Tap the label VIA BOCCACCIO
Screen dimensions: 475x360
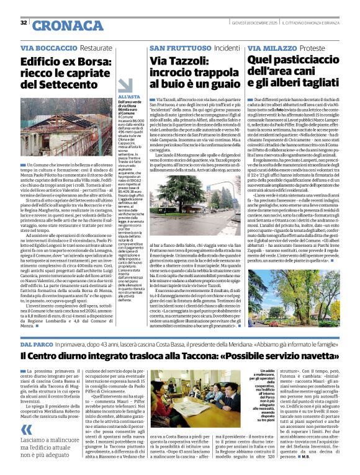coord(47,48)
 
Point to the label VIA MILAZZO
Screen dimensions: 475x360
coord(271,48)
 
